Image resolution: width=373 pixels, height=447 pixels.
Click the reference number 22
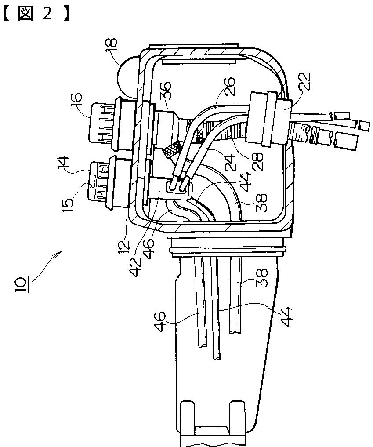click(303, 82)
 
